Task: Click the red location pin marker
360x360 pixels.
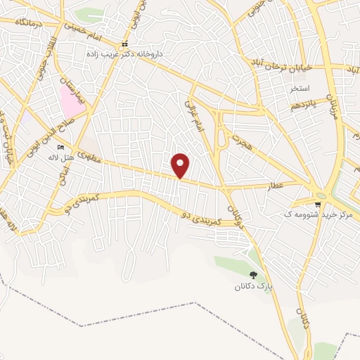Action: (181, 165)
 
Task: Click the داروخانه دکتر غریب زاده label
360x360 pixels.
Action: (124, 53)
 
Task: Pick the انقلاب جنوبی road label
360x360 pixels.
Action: (41, 53)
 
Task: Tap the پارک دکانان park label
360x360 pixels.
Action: (253, 287)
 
